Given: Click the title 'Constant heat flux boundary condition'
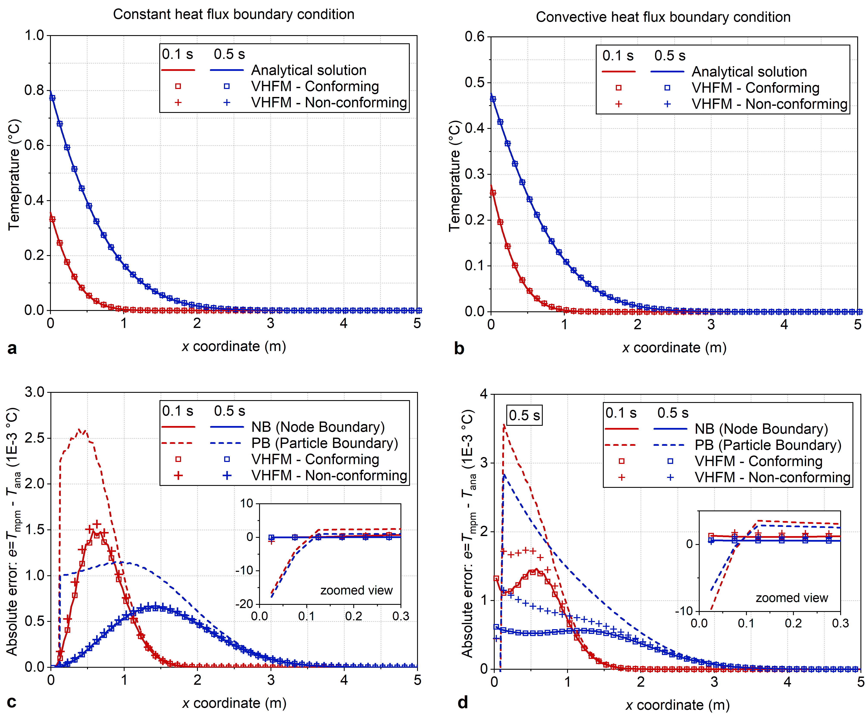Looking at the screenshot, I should (x=233, y=14).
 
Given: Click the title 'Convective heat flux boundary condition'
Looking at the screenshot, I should (x=663, y=17).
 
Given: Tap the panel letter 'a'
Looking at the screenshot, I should (x=12, y=348).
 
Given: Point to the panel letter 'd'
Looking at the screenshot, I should (x=463, y=702).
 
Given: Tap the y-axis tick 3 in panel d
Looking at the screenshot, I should (x=483, y=463).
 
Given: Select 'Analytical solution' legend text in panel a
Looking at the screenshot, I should (x=309, y=70).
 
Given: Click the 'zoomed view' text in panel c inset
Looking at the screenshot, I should (x=357, y=591).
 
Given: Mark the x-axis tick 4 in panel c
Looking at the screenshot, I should (x=344, y=680).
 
